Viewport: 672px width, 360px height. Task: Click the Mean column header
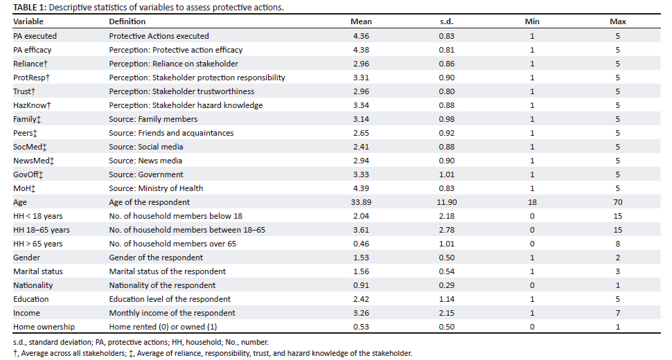tap(361, 21)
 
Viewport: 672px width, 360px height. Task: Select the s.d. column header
tap(446, 21)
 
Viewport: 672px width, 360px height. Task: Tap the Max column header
tap(617, 21)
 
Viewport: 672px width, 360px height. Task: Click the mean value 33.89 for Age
tap(361, 202)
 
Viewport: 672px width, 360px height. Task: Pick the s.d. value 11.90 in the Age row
tap(446, 202)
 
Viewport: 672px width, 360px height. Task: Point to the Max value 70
tap(617, 202)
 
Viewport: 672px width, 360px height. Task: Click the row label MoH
tap(24, 188)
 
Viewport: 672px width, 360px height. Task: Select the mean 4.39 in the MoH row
tap(361, 188)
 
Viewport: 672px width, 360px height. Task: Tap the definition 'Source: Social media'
tap(145, 147)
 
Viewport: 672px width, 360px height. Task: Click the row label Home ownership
tap(44, 327)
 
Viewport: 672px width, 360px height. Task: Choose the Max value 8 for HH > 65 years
tap(617, 244)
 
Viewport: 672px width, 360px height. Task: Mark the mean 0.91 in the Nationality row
tap(361, 285)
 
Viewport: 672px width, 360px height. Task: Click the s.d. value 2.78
tap(446, 230)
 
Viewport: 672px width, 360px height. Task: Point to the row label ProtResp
tap(31, 78)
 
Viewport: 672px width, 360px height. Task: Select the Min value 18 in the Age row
tap(532, 202)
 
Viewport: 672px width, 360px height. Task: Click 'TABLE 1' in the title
tap(29, 8)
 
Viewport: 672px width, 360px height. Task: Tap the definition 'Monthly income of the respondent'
tap(172, 313)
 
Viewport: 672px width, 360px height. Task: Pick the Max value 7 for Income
tap(617, 313)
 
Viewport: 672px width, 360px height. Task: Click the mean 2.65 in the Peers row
tap(361, 133)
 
